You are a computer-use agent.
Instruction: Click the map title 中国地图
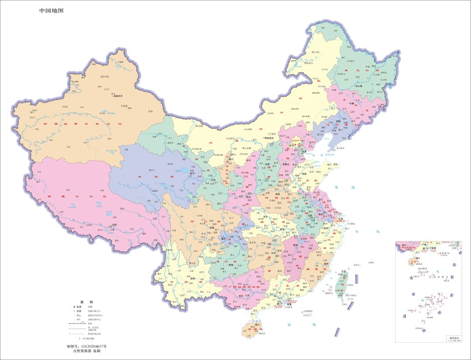click(51, 10)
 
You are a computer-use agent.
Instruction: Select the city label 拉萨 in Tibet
click(115, 225)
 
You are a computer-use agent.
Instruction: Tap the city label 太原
click(270, 165)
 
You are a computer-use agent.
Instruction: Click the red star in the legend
click(74, 307)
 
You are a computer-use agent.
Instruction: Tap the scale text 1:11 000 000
click(86, 338)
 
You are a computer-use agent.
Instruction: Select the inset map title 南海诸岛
click(452, 337)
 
